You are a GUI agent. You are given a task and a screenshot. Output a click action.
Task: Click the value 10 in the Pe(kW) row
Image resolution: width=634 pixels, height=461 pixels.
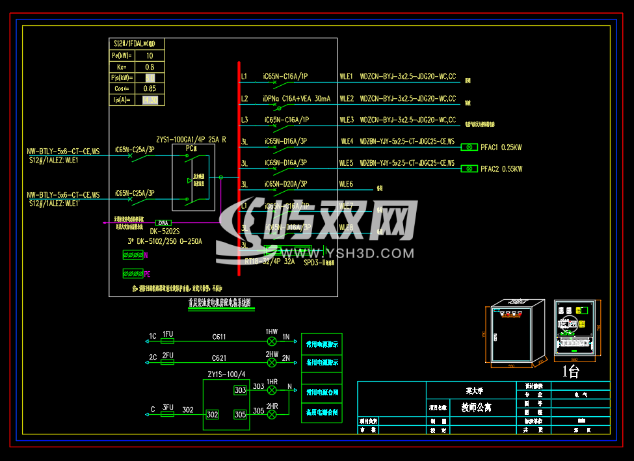click(x=150, y=56)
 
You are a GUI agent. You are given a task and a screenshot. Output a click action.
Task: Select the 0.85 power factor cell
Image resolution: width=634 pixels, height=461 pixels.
click(x=150, y=88)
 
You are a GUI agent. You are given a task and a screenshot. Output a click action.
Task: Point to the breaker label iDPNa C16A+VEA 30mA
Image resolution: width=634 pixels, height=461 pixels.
click(x=297, y=99)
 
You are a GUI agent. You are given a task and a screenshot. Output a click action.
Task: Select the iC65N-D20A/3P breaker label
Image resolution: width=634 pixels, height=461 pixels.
click(x=285, y=185)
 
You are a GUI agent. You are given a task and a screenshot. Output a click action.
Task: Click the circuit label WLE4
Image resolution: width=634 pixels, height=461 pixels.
click(x=347, y=141)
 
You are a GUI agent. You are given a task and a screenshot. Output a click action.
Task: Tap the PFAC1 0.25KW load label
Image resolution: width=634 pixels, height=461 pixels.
click(x=501, y=148)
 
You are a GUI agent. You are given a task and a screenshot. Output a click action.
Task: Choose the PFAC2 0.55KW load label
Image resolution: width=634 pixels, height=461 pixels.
click(x=501, y=169)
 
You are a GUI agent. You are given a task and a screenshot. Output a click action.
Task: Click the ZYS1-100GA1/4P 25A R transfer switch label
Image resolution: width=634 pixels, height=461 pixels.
click(x=191, y=140)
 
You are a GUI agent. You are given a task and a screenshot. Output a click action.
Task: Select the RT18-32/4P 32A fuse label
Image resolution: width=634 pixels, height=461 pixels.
click(x=270, y=261)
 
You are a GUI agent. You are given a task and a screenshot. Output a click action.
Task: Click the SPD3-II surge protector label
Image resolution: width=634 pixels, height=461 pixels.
click(x=317, y=263)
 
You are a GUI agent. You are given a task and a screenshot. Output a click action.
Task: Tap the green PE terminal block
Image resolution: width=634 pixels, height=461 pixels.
click(x=133, y=274)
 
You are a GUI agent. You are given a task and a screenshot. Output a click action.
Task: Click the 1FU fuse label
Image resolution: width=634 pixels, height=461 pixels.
click(x=168, y=334)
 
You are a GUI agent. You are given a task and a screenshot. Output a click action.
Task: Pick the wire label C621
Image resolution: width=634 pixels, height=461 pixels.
click(x=218, y=358)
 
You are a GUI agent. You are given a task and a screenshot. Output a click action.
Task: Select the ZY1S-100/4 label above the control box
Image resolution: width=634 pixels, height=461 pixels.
click(x=226, y=375)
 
